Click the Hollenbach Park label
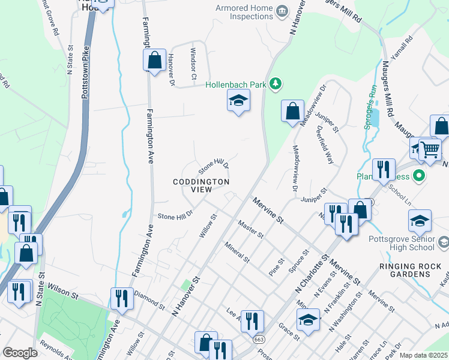coord(235,85)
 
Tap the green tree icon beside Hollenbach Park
coord(276,83)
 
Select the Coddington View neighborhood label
coord(201,185)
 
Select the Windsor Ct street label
coord(193,64)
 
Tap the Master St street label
coord(250,229)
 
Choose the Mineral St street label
coord(237,251)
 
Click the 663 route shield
coord(259,339)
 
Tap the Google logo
coord(20,353)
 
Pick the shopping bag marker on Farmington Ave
coord(155,61)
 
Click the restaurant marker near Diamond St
coord(122,299)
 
